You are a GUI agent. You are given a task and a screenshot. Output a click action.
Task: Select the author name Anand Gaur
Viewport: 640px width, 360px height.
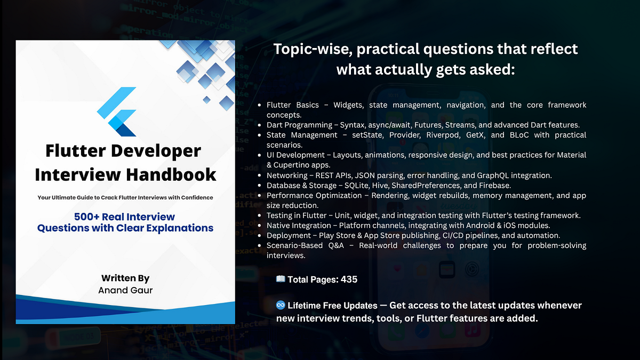click(125, 290)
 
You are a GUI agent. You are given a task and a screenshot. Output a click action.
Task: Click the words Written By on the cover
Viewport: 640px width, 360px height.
click(125, 278)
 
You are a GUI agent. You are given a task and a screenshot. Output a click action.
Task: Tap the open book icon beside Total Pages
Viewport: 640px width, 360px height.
click(281, 279)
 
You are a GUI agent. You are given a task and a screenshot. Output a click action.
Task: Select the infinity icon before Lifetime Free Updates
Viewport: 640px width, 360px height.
click(281, 306)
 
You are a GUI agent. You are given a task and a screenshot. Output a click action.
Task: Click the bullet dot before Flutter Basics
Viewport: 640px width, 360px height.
click(259, 105)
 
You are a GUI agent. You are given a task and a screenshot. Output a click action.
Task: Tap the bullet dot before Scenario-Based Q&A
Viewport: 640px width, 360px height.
click(259, 245)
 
